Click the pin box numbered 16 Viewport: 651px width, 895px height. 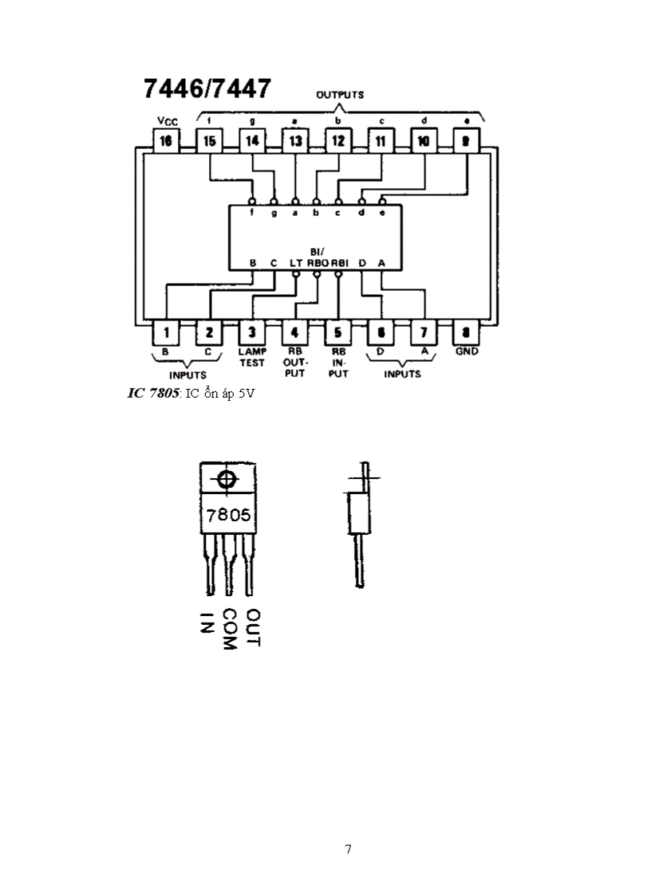point(166,141)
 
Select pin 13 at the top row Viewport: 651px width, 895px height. point(295,141)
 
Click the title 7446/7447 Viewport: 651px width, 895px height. point(207,88)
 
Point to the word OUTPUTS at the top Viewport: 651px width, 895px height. point(340,95)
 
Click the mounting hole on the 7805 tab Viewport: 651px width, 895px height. point(227,480)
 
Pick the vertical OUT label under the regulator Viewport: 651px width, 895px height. point(254,627)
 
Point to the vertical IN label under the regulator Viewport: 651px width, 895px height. point(207,622)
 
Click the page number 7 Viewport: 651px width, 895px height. point(348,849)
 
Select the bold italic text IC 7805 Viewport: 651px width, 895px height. point(152,394)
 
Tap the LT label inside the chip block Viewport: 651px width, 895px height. point(296,263)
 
